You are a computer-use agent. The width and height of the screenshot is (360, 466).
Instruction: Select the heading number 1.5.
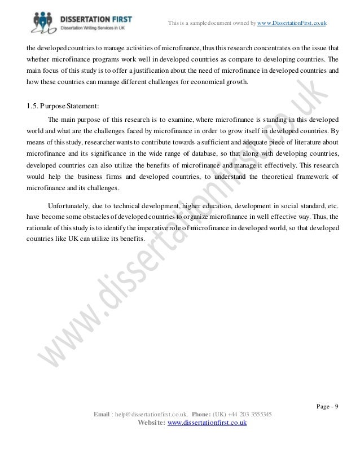[33, 105]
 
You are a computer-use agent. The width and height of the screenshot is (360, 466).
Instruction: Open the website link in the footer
[204, 424]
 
